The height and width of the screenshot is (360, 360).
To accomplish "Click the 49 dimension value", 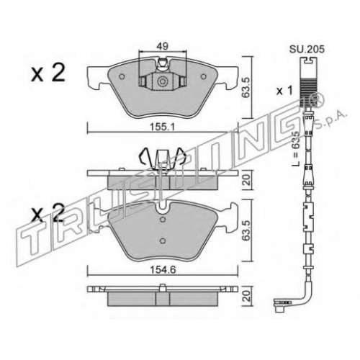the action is [163, 46].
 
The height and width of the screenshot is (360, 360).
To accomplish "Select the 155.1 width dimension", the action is [162, 127].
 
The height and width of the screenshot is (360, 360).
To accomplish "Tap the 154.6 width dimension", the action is [163, 270].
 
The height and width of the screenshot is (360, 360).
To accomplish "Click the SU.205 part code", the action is [307, 49].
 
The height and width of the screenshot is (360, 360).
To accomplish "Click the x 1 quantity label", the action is [285, 91].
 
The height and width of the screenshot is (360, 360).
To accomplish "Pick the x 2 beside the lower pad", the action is [48, 212].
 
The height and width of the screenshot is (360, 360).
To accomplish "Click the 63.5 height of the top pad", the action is [246, 87].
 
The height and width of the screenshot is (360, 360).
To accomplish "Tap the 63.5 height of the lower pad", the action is [246, 230].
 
